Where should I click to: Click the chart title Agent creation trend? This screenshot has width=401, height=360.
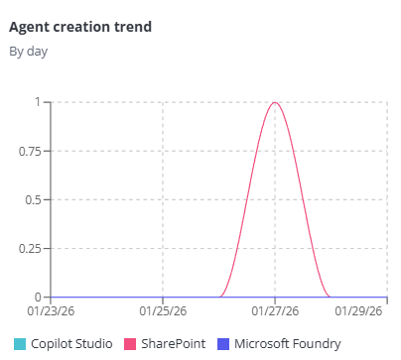79,27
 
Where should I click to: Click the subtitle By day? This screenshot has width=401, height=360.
29,51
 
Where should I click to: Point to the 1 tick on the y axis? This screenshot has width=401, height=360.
37,102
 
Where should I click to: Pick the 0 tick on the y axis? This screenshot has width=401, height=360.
37,297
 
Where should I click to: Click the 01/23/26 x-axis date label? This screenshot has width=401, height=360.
52,310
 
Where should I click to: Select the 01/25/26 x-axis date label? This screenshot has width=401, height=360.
163,310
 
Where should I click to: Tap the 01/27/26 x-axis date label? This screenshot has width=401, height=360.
275,310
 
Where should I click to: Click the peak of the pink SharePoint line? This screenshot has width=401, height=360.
275,103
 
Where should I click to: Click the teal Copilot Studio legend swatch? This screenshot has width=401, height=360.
20,344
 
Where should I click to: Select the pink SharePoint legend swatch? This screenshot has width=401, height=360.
129,344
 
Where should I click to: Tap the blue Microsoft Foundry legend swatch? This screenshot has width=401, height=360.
222,344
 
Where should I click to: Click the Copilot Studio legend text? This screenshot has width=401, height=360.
71,344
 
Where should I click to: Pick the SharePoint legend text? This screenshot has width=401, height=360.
172,344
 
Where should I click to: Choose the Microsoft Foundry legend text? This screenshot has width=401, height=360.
288,344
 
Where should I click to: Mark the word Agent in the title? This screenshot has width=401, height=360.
29,27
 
